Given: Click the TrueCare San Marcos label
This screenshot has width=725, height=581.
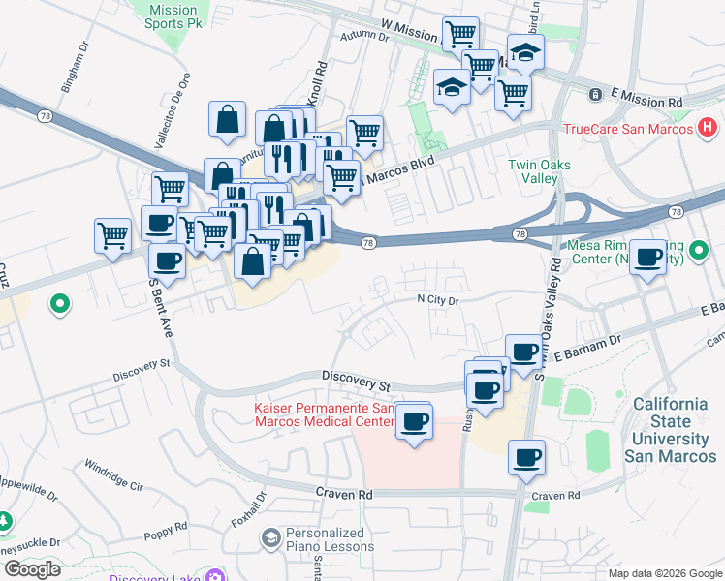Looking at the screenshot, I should coord(627,128).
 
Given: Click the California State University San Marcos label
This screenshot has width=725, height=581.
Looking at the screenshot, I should coord(671,429).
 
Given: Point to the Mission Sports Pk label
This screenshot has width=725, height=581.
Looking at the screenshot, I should coord(173,15).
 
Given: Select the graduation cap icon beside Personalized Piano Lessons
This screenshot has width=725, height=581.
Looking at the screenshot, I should coord(271,536).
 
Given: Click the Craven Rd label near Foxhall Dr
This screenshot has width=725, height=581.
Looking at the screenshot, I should coord(344,494).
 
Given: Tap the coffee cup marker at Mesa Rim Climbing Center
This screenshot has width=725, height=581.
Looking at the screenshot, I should coord(647,258).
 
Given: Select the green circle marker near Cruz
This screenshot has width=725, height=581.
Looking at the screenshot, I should coord(60,305).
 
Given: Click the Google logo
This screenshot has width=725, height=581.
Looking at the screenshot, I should coord(32,569).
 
